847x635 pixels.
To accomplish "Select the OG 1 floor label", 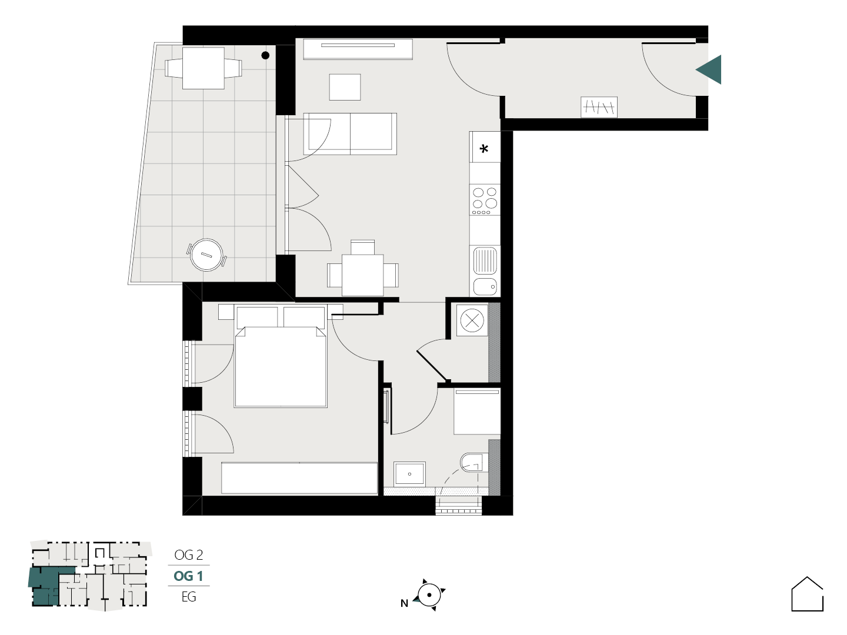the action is tap(188, 576).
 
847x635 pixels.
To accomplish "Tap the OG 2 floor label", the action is tap(188, 555).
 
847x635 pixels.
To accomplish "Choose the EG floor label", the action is tap(189, 597).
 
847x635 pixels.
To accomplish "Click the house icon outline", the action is tap(807, 594).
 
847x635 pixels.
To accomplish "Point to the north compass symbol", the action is tap(428, 595).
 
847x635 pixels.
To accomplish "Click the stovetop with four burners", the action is tap(485, 200).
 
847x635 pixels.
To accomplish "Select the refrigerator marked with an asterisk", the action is tap(485, 147).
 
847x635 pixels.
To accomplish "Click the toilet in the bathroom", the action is tap(474, 462).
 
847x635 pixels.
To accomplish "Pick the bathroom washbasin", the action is tap(409, 474).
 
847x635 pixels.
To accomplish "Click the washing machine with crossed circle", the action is tap(472, 320).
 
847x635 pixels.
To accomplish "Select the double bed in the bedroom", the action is tap(281, 357).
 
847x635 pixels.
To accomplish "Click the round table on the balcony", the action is tap(206, 255).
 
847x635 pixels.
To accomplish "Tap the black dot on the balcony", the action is tap(265, 55).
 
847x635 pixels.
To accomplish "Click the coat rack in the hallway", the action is tap(599, 107).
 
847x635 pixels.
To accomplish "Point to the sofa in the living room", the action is tap(350, 134).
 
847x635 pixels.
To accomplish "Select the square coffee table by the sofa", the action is tap(345, 87).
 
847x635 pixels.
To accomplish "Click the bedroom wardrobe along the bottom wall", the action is tap(299, 477).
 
